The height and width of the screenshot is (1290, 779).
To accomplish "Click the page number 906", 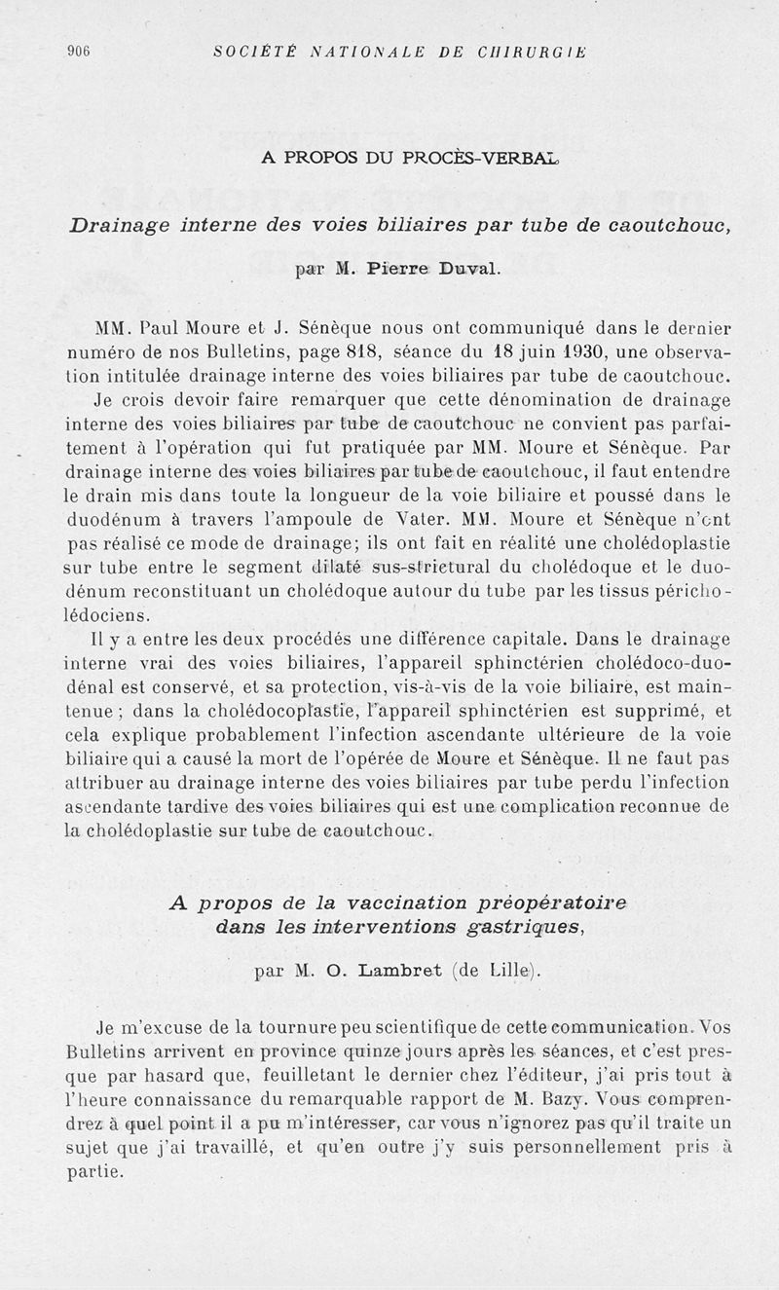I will click(78, 52).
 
